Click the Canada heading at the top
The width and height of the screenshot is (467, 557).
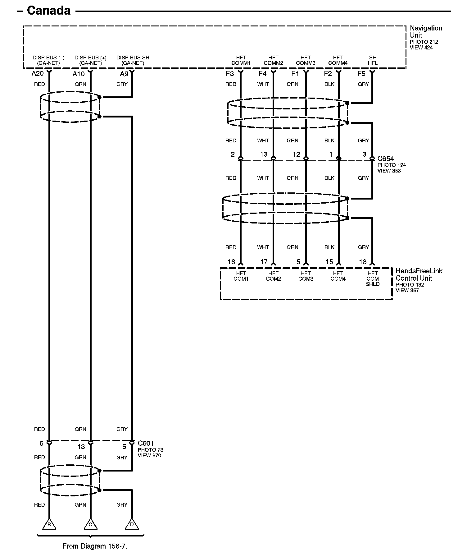(x=48, y=11)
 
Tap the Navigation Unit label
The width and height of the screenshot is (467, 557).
(x=425, y=32)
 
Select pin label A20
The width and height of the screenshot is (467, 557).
(x=38, y=74)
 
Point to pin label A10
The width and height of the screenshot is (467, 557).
(x=79, y=74)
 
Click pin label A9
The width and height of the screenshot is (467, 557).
(x=124, y=74)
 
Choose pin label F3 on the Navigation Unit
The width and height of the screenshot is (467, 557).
(x=230, y=74)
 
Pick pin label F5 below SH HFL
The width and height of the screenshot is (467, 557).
(x=361, y=74)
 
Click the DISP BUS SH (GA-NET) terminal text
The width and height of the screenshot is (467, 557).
(x=133, y=60)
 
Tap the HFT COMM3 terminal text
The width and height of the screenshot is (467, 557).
(x=306, y=60)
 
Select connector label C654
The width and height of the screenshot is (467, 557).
(x=386, y=159)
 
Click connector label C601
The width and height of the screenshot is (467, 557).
(x=146, y=443)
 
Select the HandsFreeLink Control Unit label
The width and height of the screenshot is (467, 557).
(x=419, y=274)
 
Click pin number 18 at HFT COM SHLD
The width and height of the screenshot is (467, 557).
(x=363, y=262)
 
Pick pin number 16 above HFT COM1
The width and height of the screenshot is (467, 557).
(x=231, y=262)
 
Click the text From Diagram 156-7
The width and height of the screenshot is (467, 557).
(x=95, y=546)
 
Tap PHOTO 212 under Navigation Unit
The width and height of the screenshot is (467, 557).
(x=424, y=42)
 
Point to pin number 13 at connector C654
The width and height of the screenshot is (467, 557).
(x=264, y=154)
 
